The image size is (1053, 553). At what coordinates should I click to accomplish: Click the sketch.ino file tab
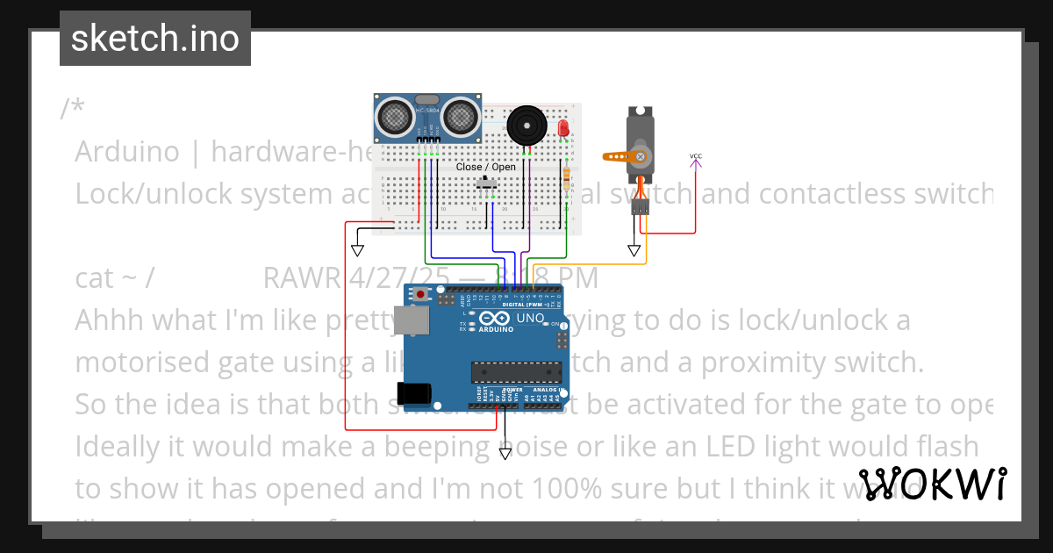pyautogui.click(x=155, y=39)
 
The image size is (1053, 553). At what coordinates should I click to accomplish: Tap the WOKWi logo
pyautogui.click(x=933, y=485)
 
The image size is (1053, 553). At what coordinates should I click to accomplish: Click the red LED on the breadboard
pyautogui.click(x=563, y=128)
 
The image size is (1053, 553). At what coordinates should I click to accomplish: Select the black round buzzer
pyautogui.click(x=526, y=126)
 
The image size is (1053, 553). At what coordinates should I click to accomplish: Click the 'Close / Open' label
pyautogui.click(x=486, y=167)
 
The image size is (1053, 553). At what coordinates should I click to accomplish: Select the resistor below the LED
pyautogui.click(x=567, y=180)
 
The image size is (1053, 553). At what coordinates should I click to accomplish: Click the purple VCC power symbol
pyautogui.click(x=696, y=159)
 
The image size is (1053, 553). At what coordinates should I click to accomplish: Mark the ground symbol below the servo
pyautogui.click(x=634, y=250)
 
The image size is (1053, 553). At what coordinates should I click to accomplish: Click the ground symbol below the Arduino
pyautogui.click(x=505, y=453)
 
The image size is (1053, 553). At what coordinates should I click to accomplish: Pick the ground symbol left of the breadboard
pyautogui.click(x=357, y=249)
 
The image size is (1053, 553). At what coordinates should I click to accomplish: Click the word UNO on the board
pyautogui.click(x=530, y=318)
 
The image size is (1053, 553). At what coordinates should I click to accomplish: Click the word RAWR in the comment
pyautogui.click(x=301, y=278)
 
